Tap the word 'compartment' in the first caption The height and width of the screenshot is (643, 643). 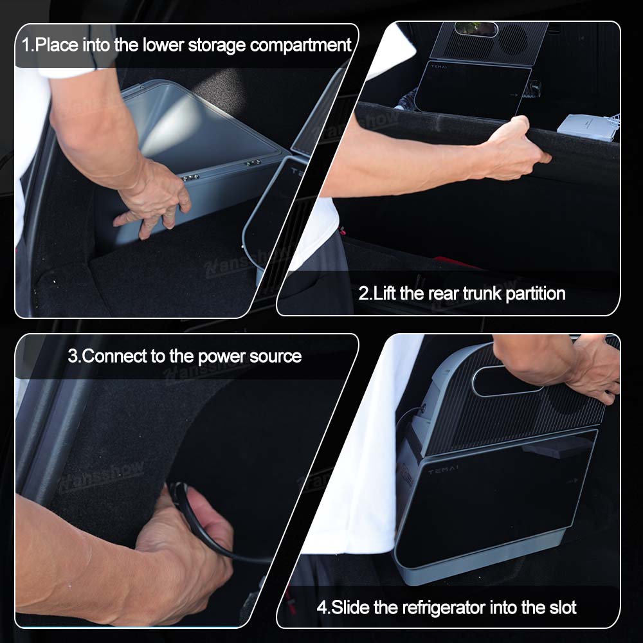(x=300, y=45)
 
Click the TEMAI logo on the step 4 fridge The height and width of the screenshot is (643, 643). (x=443, y=469)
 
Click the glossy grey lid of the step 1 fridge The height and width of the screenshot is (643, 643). (x=197, y=127)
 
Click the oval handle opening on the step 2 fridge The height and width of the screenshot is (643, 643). (x=476, y=29)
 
